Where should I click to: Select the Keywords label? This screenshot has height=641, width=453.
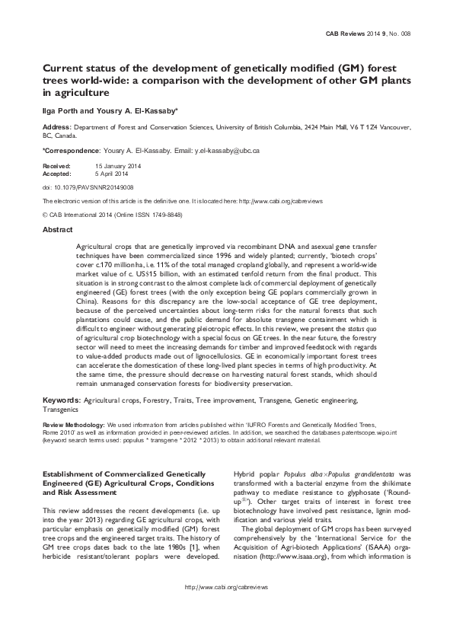click(61, 399)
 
